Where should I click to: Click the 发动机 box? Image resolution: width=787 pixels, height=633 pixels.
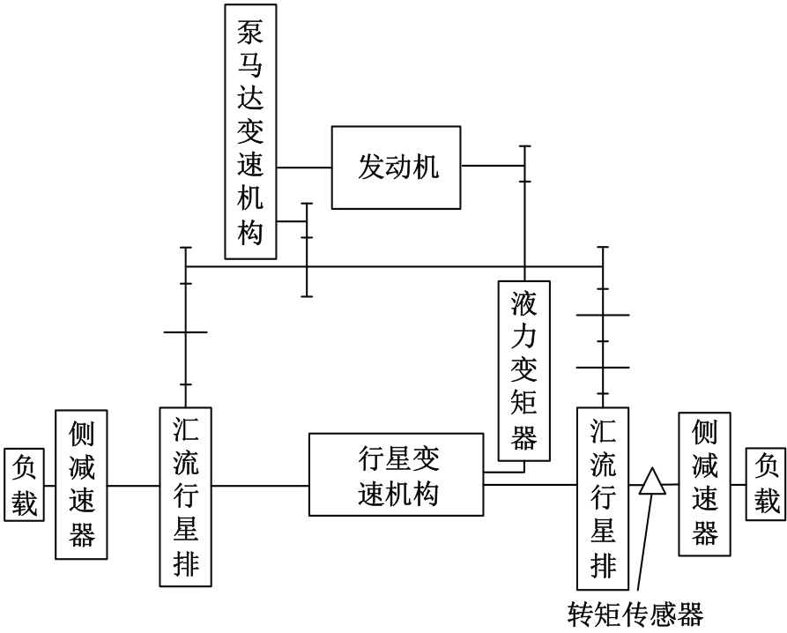pos(397,167)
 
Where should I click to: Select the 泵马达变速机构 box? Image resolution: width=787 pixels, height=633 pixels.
pos(251,131)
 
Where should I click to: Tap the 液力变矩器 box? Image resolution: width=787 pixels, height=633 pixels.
pos(524,370)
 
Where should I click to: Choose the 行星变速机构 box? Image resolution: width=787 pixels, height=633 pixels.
pos(396,474)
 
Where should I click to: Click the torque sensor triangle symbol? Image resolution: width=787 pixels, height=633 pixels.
pos(651,482)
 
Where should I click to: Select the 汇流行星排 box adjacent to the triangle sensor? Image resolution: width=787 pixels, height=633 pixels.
pos(603,497)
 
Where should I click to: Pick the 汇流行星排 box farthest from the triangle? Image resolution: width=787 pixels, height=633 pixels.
pos(186,497)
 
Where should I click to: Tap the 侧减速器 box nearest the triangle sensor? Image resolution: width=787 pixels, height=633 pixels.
pos(705,481)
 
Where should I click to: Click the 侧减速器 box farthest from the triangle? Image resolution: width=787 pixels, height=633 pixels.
pos(81,483)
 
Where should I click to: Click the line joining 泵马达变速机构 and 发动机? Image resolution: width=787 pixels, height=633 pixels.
pos(304,167)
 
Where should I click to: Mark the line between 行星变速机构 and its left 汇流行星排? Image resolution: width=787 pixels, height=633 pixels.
pos(260,484)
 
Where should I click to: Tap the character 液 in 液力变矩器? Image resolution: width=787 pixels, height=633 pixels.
pos(524,304)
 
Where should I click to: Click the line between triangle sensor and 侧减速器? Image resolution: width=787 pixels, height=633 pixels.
pos(671,483)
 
